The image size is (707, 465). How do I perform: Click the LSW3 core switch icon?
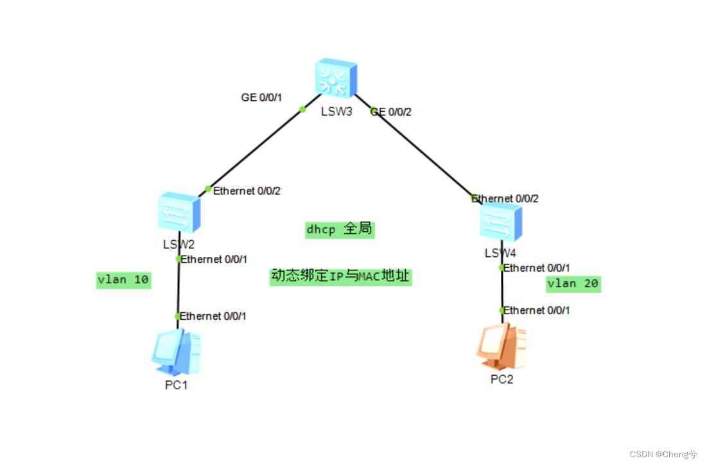[x=335, y=78]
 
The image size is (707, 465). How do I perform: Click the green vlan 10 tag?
[x=123, y=280]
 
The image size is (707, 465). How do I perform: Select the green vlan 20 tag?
[x=573, y=284]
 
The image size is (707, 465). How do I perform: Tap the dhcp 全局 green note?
[x=340, y=229]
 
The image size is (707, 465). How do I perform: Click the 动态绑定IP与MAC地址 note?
[x=340, y=277]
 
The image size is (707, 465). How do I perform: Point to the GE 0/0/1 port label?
[x=261, y=98]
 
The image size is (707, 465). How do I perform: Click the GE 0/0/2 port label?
[x=390, y=112]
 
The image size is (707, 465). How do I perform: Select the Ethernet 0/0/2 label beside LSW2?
[x=247, y=191]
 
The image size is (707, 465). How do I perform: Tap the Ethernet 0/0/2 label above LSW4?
[x=505, y=198]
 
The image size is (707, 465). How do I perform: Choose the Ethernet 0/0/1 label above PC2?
[x=536, y=310]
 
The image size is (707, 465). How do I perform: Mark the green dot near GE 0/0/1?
[x=302, y=109]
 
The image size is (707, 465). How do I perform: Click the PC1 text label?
[x=176, y=385]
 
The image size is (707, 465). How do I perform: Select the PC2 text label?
[x=502, y=379]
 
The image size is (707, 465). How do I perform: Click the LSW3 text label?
[x=337, y=110]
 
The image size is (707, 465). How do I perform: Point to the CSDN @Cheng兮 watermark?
[x=663, y=454]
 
